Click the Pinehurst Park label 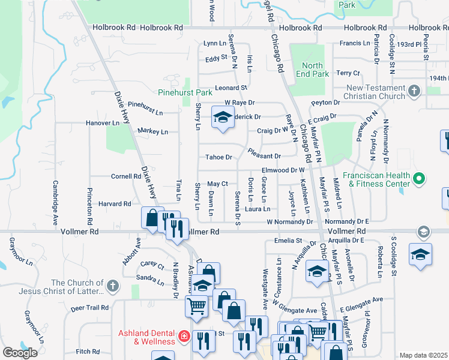tap(185, 93)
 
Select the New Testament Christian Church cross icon tap(414, 91)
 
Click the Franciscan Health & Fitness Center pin tap(420, 178)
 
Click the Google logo tap(20, 353)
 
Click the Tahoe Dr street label tap(218, 157)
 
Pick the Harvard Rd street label tap(115, 204)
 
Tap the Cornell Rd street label tap(125, 176)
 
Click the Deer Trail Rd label tap(89, 308)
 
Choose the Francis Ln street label tap(355, 43)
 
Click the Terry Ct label tap(348, 73)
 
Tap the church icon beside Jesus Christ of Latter tap(112, 287)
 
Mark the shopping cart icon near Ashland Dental tap(197, 307)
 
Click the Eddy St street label tap(217, 59)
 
